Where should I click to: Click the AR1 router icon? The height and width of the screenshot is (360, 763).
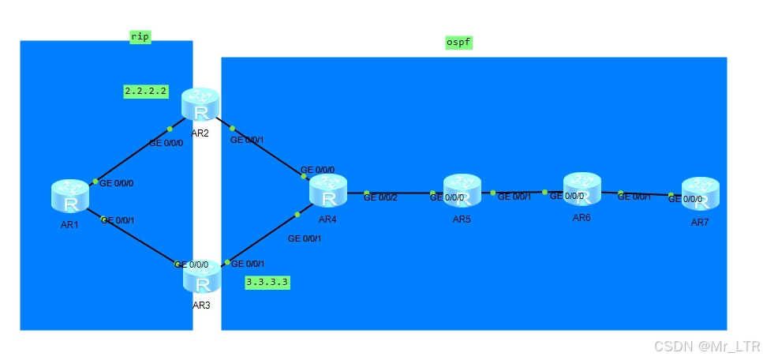click(x=71, y=196)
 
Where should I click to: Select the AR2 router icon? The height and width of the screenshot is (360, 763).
click(x=200, y=104)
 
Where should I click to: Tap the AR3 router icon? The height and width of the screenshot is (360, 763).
click(x=203, y=276)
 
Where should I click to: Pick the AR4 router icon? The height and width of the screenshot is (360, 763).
click(x=328, y=190)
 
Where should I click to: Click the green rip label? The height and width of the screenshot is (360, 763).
click(x=140, y=36)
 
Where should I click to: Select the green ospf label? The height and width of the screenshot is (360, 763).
click(x=459, y=42)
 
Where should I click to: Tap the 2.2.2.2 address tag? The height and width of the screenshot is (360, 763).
click(x=146, y=91)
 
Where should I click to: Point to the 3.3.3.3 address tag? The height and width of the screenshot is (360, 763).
click(x=267, y=282)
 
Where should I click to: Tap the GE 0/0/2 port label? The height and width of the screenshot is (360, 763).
click(x=380, y=197)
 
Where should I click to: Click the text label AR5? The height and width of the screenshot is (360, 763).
click(x=462, y=219)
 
